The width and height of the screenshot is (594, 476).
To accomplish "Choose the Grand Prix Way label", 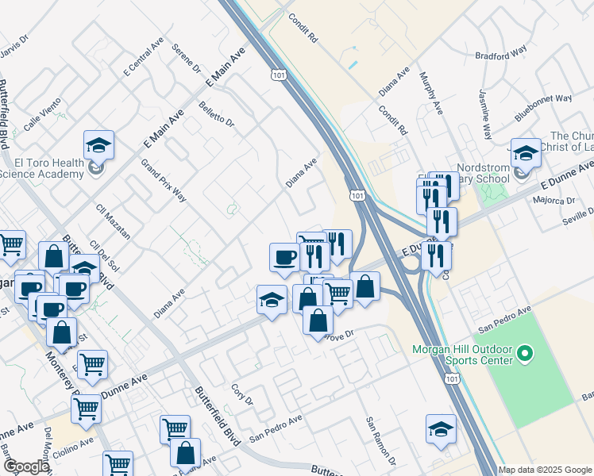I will (x=164, y=181).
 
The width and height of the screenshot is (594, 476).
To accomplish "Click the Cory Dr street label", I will (x=241, y=394).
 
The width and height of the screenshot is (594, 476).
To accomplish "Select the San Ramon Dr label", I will (x=380, y=440).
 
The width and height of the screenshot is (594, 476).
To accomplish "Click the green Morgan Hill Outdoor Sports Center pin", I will (x=524, y=353).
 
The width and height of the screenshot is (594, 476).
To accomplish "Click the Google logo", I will (x=25, y=466).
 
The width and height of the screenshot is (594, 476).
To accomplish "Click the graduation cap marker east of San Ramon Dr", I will (x=441, y=429).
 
